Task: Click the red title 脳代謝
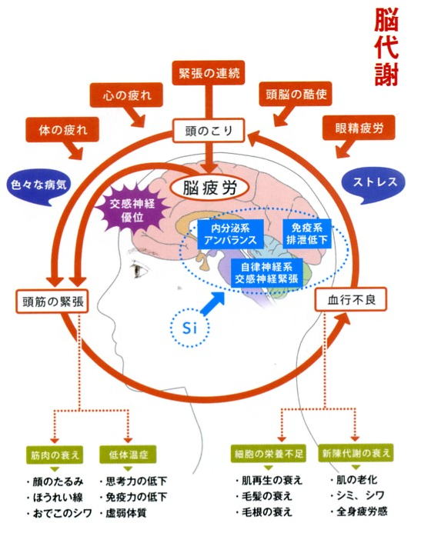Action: pos(386,48)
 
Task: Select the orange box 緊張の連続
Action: pos(209,73)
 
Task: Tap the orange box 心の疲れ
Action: pos(126,95)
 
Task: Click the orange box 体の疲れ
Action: pos(62,129)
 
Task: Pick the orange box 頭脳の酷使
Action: pos(296,94)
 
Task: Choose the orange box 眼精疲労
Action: pos(359,128)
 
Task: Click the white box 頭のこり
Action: pos(209,131)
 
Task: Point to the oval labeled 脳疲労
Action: pos(209,188)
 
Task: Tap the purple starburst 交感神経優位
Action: pos(132,210)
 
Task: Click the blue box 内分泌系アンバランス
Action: pos(230,234)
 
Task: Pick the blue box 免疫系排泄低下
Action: pos(306,234)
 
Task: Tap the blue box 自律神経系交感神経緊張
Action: pos(266,272)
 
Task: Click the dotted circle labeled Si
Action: pos(190,328)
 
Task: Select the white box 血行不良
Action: pos(351,299)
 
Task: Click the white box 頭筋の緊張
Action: pos(52,301)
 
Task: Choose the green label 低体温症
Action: pos(128,454)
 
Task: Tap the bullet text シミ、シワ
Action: pos(358,495)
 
